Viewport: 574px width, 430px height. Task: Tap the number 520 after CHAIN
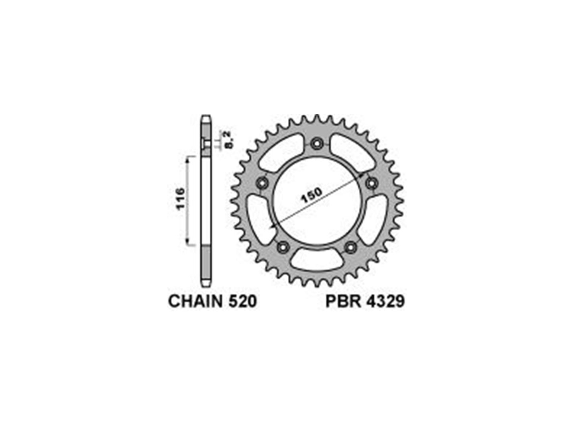coord(242,301)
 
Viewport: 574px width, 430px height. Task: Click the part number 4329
coord(386,301)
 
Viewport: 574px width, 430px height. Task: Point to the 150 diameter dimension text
coord(311,195)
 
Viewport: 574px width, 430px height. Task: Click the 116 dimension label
coord(181,199)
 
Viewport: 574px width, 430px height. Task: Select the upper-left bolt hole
coord(262,183)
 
